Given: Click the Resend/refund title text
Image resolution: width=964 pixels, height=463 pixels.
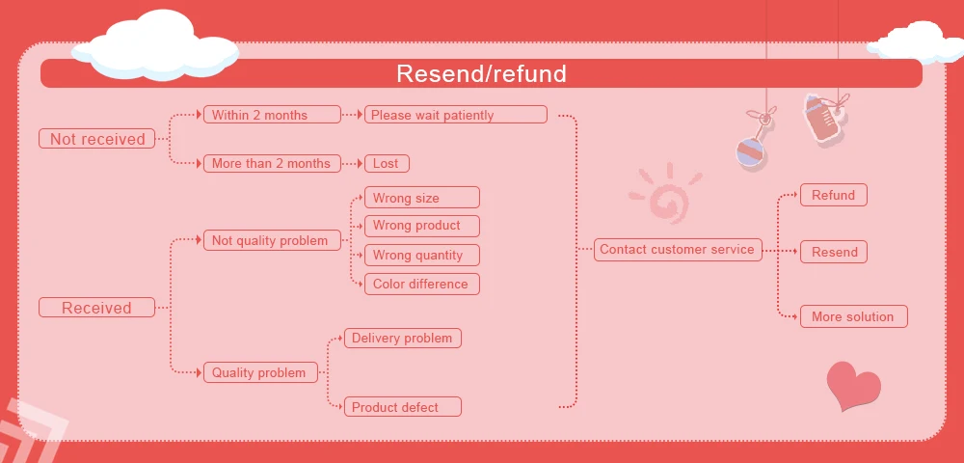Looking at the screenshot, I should coord(481,73).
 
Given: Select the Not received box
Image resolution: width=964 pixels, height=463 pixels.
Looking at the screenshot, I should coord(96,139).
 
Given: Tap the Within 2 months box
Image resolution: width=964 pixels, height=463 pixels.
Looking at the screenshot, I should coord(272,115).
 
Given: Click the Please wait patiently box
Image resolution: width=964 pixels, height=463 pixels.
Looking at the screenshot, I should coord(455,115).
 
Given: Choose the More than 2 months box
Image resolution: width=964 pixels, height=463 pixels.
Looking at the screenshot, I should coord(272,163).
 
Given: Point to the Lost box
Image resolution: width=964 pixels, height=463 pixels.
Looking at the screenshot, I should coord(386,163).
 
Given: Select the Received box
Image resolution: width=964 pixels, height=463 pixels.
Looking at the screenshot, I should coord(96,308).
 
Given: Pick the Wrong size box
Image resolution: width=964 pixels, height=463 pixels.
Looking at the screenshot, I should coord(421,198).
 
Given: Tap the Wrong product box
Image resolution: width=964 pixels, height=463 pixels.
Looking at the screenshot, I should coord(421,226).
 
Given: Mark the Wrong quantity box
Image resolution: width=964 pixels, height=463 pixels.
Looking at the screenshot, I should coord(421,256).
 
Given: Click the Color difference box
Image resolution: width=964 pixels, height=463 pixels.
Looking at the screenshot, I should coord(421,284).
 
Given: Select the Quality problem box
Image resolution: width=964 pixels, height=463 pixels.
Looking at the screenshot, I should coord(260,372).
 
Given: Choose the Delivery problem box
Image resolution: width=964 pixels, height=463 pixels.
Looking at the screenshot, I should coord(403,338).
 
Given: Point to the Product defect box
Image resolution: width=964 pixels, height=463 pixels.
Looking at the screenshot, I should coord(403,407).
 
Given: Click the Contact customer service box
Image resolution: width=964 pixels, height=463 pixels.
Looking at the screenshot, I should coord(677,249).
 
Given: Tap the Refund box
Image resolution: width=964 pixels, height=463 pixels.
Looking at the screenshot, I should coord(833,195).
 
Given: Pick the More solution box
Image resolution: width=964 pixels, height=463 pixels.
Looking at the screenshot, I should coord(853,316).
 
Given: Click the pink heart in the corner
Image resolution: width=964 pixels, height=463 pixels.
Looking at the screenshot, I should coord(853,386).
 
